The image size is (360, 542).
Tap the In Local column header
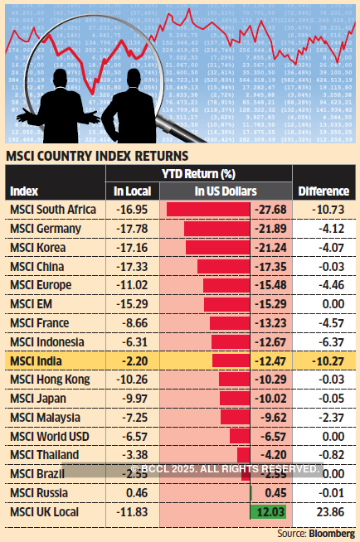tap(130, 191)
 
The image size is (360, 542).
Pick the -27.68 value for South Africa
tap(270, 209)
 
